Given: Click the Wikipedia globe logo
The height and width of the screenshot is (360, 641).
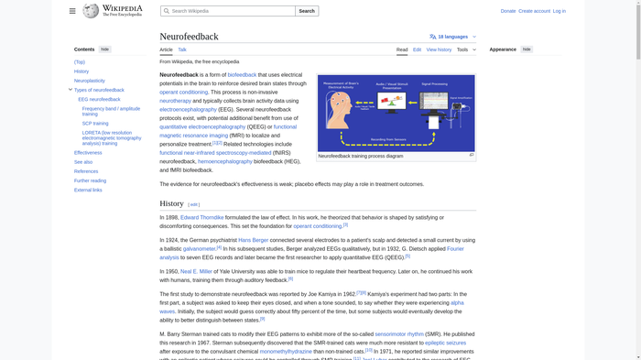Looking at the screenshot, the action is point(91,11).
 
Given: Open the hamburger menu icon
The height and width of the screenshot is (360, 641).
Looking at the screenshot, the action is point(72,11).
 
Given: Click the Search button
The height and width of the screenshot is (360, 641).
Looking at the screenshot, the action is point(307,11).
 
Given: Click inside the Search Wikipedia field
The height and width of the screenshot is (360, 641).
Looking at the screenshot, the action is point(229,11).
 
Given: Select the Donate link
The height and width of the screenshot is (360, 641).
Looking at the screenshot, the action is point(507,11).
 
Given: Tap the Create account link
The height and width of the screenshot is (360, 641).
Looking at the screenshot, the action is point(534,11).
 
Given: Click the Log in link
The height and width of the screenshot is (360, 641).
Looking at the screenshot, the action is point(559,11).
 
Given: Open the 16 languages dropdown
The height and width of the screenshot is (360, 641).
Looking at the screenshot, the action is point(452,37).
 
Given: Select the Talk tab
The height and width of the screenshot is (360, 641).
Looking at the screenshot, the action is point(182,49).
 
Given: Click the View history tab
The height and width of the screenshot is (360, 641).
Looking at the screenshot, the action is point(439,49).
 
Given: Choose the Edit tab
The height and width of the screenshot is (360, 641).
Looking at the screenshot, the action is point(417,49).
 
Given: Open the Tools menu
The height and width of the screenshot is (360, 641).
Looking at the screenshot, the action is point(466,49).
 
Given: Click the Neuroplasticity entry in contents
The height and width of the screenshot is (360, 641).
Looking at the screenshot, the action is point(90,81).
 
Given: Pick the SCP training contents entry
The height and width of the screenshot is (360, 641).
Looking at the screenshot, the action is point(95,123).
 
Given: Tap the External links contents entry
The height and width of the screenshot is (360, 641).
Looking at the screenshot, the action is point(88,190).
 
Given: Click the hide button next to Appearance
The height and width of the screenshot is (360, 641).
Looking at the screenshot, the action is point(527,49).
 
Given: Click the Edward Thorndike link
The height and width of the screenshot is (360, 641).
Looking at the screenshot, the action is point(201,218).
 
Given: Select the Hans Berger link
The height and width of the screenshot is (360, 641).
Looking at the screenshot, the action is point(254,240).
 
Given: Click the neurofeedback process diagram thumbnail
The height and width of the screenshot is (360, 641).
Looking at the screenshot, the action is point(396,113).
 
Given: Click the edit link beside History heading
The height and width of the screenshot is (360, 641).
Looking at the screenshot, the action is point(194,204).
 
